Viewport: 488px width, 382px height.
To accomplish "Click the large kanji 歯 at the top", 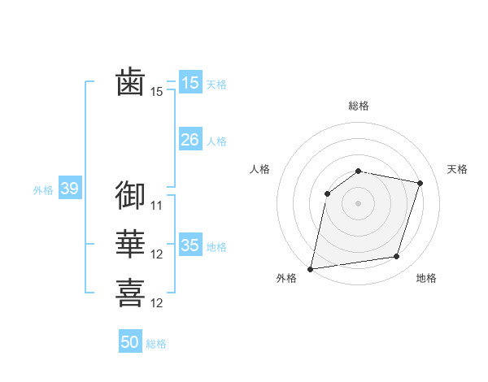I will tap(130, 83).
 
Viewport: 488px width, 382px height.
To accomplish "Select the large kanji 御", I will tap(130, 195).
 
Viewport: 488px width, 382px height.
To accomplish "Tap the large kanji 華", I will tap(130, 245).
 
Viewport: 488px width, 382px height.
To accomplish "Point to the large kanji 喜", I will tap(130, 293).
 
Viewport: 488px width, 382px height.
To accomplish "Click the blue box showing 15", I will tap(190, 82).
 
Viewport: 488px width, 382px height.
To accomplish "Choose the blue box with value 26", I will tap(190, 140).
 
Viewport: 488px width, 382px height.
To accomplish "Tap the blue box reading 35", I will tap(190, 245).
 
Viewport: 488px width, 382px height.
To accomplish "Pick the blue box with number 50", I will tap(130, 342).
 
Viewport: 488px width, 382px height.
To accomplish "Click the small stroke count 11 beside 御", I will tap(157, 206).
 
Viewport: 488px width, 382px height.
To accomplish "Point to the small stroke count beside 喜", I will tap(157, 304).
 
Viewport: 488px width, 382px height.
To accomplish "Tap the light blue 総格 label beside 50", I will tap(156, 344).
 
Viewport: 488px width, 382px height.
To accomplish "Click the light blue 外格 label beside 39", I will tap(43, 190).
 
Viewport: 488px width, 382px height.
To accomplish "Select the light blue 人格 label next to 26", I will tap(216, 141).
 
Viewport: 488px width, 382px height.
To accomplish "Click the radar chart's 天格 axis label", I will tap(457, 169).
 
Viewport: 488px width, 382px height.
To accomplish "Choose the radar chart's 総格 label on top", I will tap(358, 106).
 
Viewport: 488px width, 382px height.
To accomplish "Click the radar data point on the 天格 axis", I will tap(420, 183).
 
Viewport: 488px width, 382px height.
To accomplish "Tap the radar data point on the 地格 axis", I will tap(396, 256).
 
